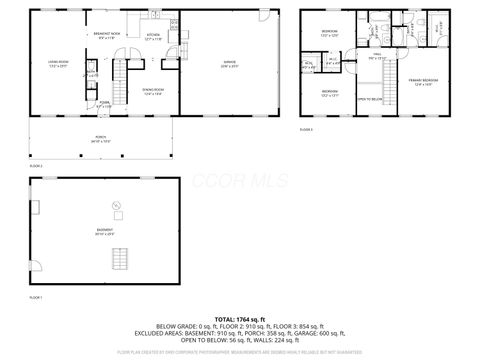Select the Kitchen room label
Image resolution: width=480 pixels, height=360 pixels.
pos(153,38)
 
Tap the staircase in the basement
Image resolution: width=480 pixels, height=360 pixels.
pos(120,257)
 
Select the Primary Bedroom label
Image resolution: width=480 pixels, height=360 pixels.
pos(425,82)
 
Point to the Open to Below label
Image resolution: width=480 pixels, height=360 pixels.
pos(369,100)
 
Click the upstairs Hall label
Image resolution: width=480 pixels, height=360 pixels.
pos(377,58)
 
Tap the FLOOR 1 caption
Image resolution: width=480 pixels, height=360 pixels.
pos(35,298)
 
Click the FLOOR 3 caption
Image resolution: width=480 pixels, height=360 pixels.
pos(305,129)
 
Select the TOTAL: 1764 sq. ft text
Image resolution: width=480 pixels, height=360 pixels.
pos(241,317)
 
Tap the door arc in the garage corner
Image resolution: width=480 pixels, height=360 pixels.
pos(265,17)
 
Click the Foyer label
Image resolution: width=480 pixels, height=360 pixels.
pos(104,104)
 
